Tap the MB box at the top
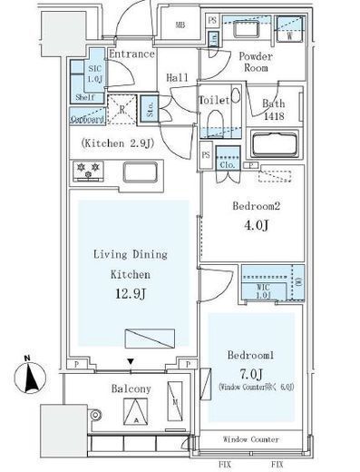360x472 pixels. click(x=180, y=25)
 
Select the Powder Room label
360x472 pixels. click(x=256, y=62)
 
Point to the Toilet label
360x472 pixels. click(x=213, y=100)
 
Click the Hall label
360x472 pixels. click(x=177, y=79)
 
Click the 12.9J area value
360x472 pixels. click(x=132, y=293)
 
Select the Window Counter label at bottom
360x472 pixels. click(x=251, y=439)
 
